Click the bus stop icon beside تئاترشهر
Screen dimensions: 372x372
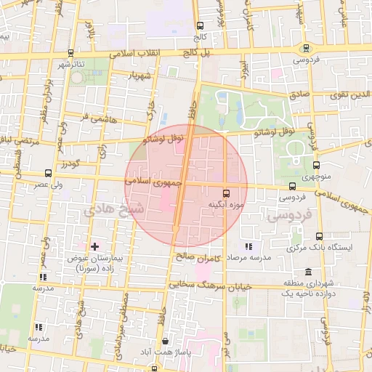[70, 53]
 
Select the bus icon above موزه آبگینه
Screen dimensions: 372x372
[226, 193]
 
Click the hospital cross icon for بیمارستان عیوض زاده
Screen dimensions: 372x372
[94, 247]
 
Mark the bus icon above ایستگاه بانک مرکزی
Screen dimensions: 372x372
[320, 236]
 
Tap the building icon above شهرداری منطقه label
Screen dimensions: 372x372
[309, 272]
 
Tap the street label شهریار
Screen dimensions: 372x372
[138, 76]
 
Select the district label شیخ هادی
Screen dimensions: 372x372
[114, 209]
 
